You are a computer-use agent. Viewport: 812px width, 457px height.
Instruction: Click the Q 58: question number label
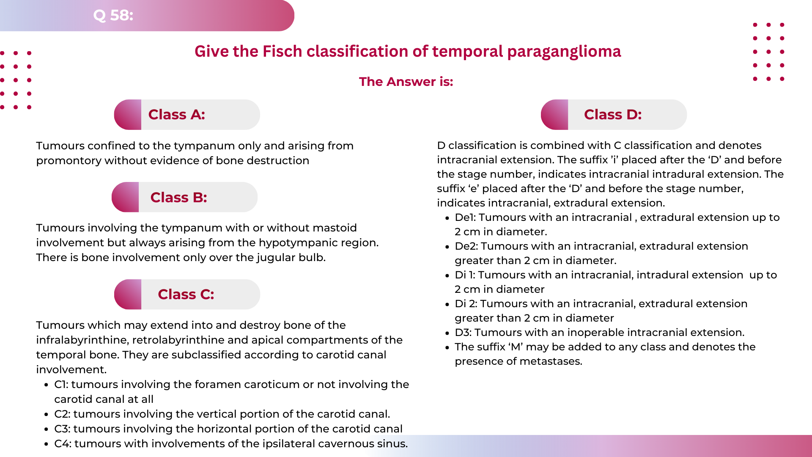[x=113, y=15]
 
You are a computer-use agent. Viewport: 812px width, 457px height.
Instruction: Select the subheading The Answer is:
[x=406, y=82]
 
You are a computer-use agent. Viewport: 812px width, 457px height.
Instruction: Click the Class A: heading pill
[x=187, y=115]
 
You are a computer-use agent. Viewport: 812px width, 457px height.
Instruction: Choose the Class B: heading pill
[x=185, y=197]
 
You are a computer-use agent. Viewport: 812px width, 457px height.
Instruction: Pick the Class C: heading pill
[x=187, y=295]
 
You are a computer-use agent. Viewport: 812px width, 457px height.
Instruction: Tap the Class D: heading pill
[x=614, y=115]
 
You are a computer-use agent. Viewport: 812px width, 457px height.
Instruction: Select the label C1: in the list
[x=62, y=385]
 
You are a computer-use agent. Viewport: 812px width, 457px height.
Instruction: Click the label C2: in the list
[x=63, y=414]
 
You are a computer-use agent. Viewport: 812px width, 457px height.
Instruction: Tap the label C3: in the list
[x=63, y=429]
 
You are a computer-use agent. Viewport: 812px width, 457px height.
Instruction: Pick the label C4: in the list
[x=63, y=444]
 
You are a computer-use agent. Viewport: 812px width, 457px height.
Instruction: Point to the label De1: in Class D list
[x=465, y=217]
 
